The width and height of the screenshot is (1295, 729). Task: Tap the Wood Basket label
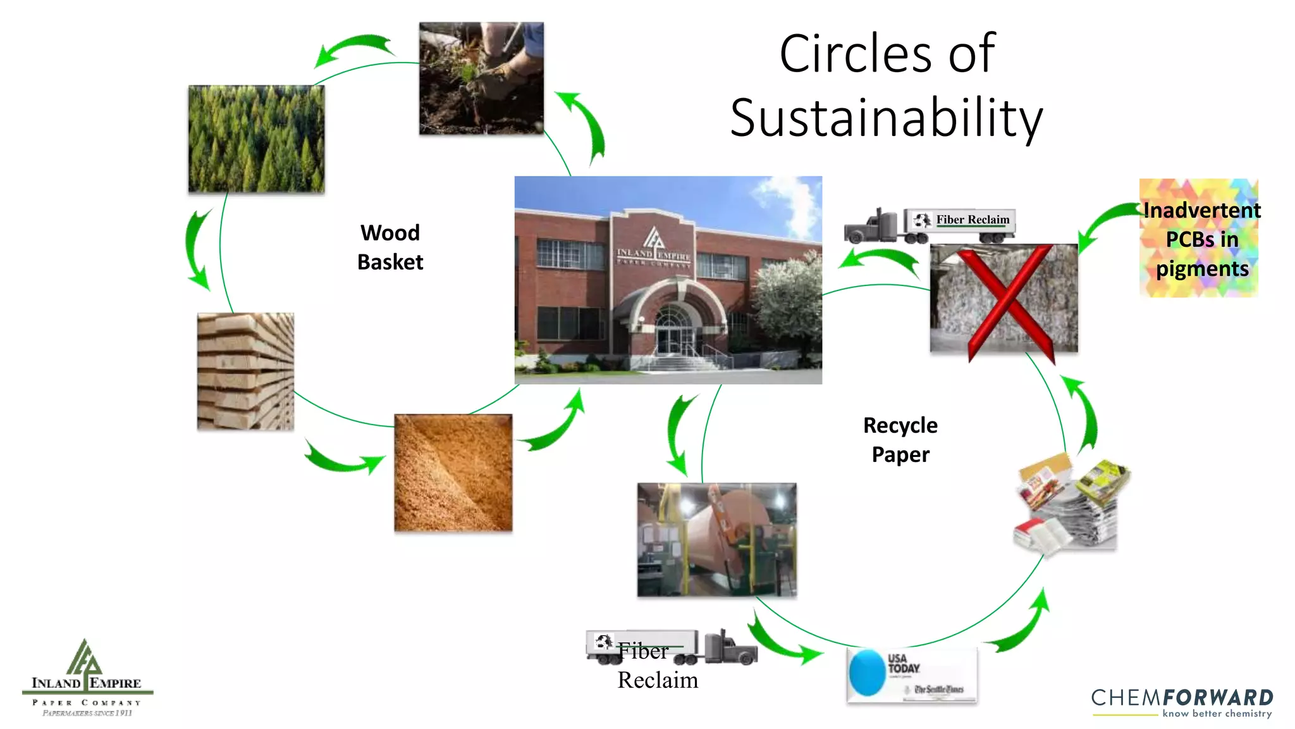click(390, 247)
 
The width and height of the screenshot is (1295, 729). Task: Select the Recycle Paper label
click(900, 440)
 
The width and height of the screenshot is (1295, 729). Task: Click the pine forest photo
click(256, 139)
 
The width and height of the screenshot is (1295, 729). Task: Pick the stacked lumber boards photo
click(245, 371)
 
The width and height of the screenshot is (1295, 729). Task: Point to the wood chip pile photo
click(453, 473)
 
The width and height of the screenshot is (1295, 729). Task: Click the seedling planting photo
click(481, 78)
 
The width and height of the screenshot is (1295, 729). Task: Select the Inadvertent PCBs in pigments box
click(1199, 239)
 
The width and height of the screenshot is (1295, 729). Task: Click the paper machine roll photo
click(716, 540)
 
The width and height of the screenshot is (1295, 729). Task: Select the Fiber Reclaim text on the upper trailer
click(973, 220)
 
